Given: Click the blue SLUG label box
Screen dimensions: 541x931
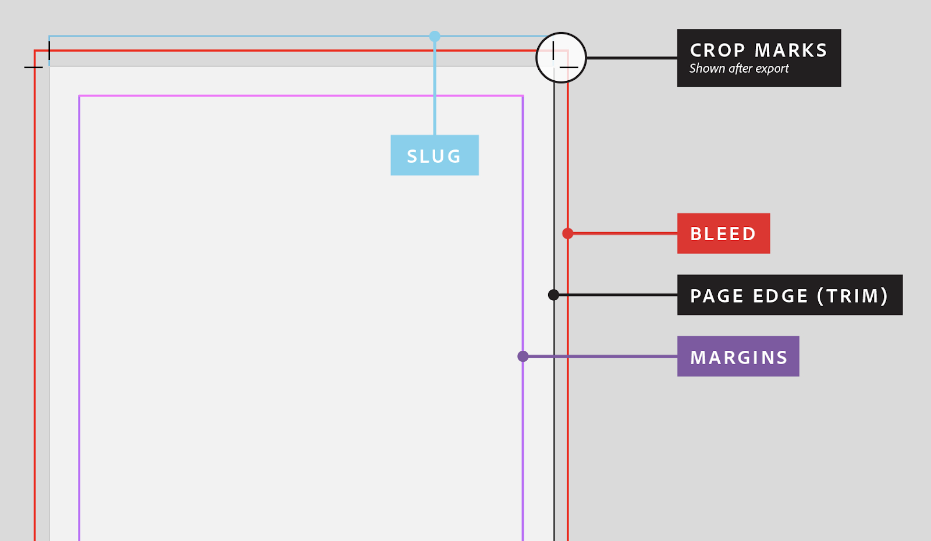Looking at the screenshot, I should pyautogui.click(x=434, y=155).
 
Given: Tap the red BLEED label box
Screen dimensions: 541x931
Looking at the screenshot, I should pyautogui.click(x=723, y=233).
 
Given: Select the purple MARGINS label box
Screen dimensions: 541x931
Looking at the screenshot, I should pyautogui.click(x=738, y=357).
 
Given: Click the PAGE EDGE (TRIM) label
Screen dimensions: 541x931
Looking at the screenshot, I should pyautogui.click(x=789, y=295).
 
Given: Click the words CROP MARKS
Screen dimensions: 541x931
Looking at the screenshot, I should pyautogui.click(x=758, y=51).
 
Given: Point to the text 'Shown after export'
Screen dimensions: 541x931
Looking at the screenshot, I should pyautogui.click(x=739, y=69).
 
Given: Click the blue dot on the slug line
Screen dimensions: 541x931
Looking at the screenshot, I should pyautogui.click(x=435, y=37).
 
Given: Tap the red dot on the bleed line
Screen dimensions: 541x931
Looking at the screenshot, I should pyautogui.click(x=568, y=233).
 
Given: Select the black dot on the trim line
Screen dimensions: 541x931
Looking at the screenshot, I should pyautogui.click(x=553, y=295).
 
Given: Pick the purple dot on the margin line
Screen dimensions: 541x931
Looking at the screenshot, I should pyautogui.click(x=523, y=356).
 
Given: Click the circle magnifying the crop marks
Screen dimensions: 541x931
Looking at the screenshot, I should pyautogui.click(x=561, y=58).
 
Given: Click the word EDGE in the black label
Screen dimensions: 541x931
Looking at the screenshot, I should pyautogui.click(x=780, y=296).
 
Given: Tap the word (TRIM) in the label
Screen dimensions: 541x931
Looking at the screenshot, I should pyautogui.click(x=852, y=296).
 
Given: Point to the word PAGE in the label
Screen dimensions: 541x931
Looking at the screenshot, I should pyautogui.click(x=717, y=296).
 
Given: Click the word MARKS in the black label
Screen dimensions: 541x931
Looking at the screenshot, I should pyautogui.click(x=791, y=51).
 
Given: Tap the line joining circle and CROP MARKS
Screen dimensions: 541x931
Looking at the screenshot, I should pyautogui.click(x=631, y=58).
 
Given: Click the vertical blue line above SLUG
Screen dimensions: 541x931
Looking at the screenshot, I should pyautogui.click(x=435, y=87).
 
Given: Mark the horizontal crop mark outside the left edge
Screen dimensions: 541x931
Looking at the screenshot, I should pyautogui.click(x=33, y=67).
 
